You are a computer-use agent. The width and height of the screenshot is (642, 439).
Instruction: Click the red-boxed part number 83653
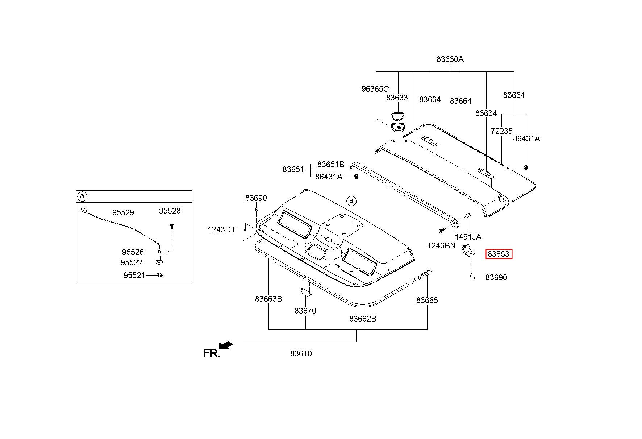(499, 254)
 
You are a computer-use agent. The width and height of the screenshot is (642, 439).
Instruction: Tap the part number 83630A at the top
(450, 59)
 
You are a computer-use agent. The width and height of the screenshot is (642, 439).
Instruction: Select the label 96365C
(375, 89)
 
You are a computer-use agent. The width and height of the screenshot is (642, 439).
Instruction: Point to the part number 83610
(301, 353)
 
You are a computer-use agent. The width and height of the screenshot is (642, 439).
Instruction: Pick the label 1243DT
(221, 229)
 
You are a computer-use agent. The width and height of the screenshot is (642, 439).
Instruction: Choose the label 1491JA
(468, 237)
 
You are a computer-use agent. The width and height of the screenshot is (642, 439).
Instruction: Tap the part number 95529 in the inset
(123, 212)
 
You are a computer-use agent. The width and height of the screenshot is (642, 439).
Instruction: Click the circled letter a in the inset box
(82, 196)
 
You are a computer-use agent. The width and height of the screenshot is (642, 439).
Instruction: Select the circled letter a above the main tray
(351, 201)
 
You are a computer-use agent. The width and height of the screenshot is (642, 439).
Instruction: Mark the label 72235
(501, 131)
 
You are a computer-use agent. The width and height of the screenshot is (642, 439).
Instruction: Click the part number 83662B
(363, 319)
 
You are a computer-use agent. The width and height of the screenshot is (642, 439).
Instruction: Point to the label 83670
(305, 311)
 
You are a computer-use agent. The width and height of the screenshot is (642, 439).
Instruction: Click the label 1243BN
(441, 245)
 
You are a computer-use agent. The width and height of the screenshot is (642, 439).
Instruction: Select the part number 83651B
(330, 164)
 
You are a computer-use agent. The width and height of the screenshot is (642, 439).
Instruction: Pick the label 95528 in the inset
(170, 211)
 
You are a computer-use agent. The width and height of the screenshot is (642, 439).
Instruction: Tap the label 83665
(427, 300)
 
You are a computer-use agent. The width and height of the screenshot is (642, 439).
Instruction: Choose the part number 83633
(397, 98)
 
